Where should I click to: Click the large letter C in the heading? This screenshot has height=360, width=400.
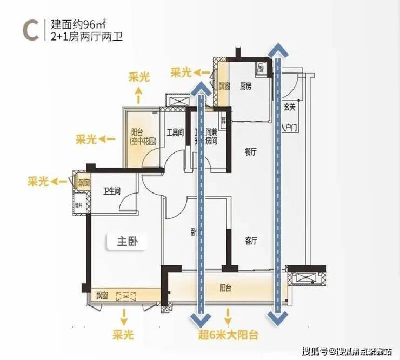pyautogui.click(x=28, y=31)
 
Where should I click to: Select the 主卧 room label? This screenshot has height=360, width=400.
pyautogui.click(x=129, y=242)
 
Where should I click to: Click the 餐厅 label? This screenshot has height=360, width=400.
pyautogui.click(x=250, y=153)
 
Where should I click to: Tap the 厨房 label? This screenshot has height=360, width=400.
pyautogui.click(x=246, y=86)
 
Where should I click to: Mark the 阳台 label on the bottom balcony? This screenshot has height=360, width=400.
pyautogui.click(x=226, y=288)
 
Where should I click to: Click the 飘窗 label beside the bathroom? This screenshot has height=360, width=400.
pyautogui.click(x=83, y=183)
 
